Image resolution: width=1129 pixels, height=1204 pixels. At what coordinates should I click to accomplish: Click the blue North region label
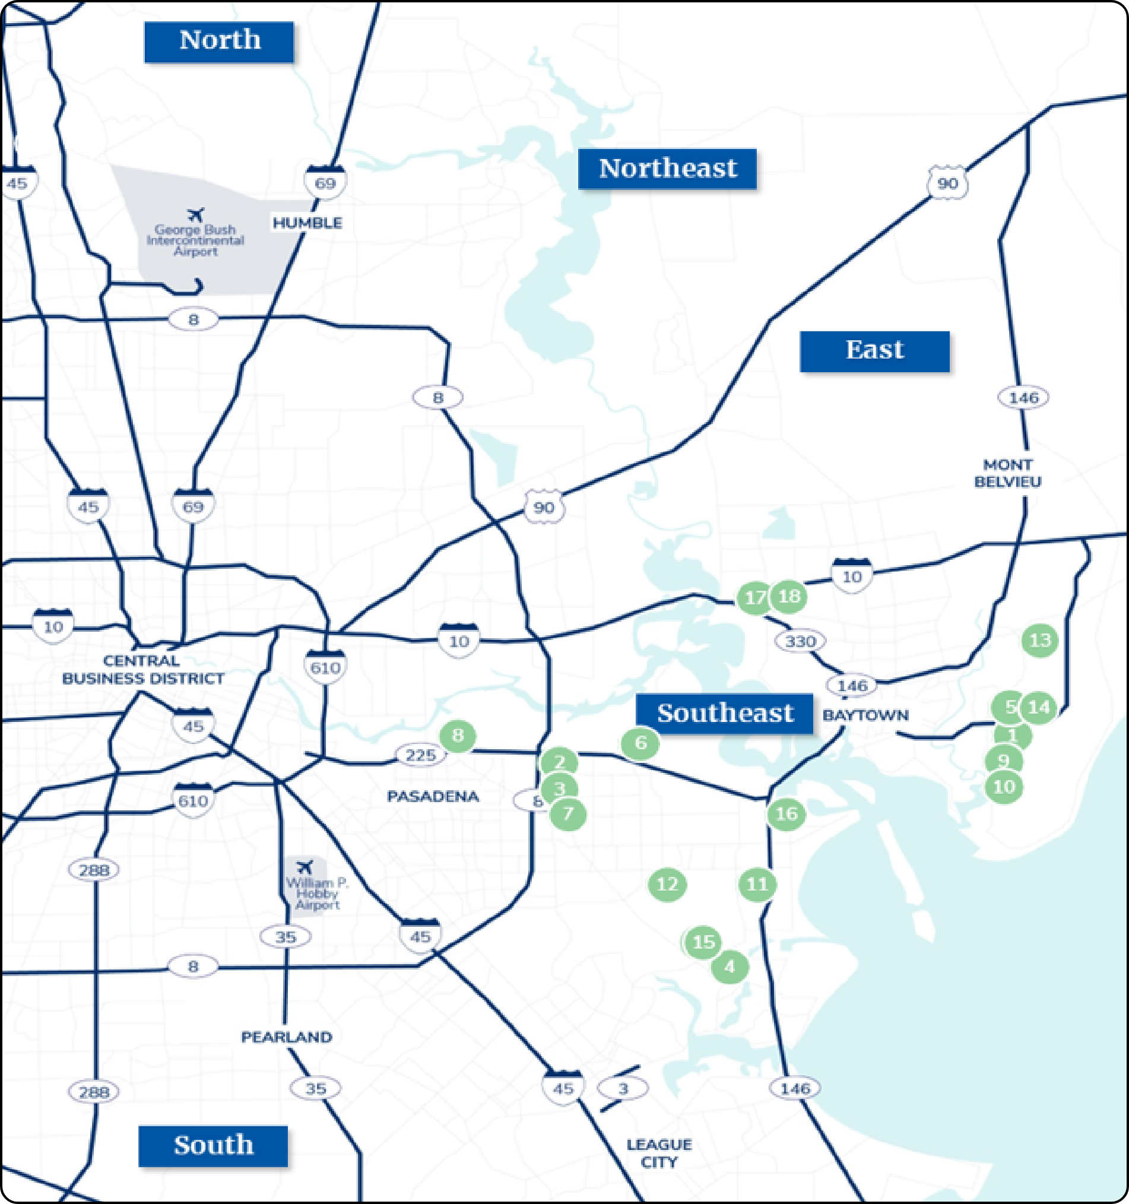point(218,42)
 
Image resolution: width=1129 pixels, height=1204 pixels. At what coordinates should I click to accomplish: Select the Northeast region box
point(667,169)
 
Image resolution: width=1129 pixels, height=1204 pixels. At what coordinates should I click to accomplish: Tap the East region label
point(874,351)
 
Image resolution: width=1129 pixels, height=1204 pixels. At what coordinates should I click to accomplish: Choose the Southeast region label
point(724,714)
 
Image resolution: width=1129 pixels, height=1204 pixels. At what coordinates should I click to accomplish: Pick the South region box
point(213,1146)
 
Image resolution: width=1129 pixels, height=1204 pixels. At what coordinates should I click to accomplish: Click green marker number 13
point(1039,640)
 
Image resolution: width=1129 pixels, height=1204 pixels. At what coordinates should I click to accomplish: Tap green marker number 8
point(457,735)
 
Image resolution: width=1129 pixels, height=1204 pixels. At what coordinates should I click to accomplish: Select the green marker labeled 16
point(786,813)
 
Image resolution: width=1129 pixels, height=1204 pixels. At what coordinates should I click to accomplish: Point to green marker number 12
point(667,884)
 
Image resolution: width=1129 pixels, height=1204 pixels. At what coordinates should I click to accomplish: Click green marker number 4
point(730,967)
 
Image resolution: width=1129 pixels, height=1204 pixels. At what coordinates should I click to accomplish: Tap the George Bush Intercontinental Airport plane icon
point(195,214)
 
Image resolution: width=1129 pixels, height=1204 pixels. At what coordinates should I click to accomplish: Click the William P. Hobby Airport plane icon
point(305,867)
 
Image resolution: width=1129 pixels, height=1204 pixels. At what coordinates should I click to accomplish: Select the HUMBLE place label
point(307,223)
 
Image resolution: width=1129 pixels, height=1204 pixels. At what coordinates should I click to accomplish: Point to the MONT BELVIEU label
point(1007,473)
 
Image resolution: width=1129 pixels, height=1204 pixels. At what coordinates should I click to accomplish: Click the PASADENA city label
point(433,796)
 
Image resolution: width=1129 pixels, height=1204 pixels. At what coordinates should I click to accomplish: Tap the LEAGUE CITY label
point(659,1153)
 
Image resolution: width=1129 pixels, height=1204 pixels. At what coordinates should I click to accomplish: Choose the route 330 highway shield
point(800,641)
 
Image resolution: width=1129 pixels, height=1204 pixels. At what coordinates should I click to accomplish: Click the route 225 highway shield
point(420,755)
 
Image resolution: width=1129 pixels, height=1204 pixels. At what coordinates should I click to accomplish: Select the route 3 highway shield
point(623,1088)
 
